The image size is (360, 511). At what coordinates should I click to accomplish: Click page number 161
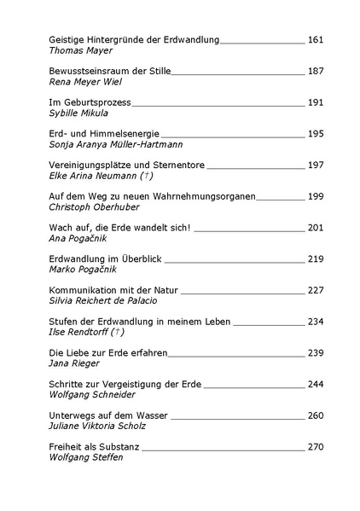[x=316, y=39]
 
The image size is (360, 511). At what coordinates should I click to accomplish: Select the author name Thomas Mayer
[x=81, y=50]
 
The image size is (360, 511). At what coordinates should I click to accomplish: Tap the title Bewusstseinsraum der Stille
[x=110, y=71]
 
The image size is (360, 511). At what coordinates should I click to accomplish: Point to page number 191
[x=316, y=102]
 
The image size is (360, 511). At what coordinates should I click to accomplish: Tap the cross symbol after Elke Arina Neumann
[x=145, y=176]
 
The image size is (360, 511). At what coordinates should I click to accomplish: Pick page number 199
[x=316, y=196]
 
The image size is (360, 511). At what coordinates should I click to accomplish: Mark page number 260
[x=316, y=415]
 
